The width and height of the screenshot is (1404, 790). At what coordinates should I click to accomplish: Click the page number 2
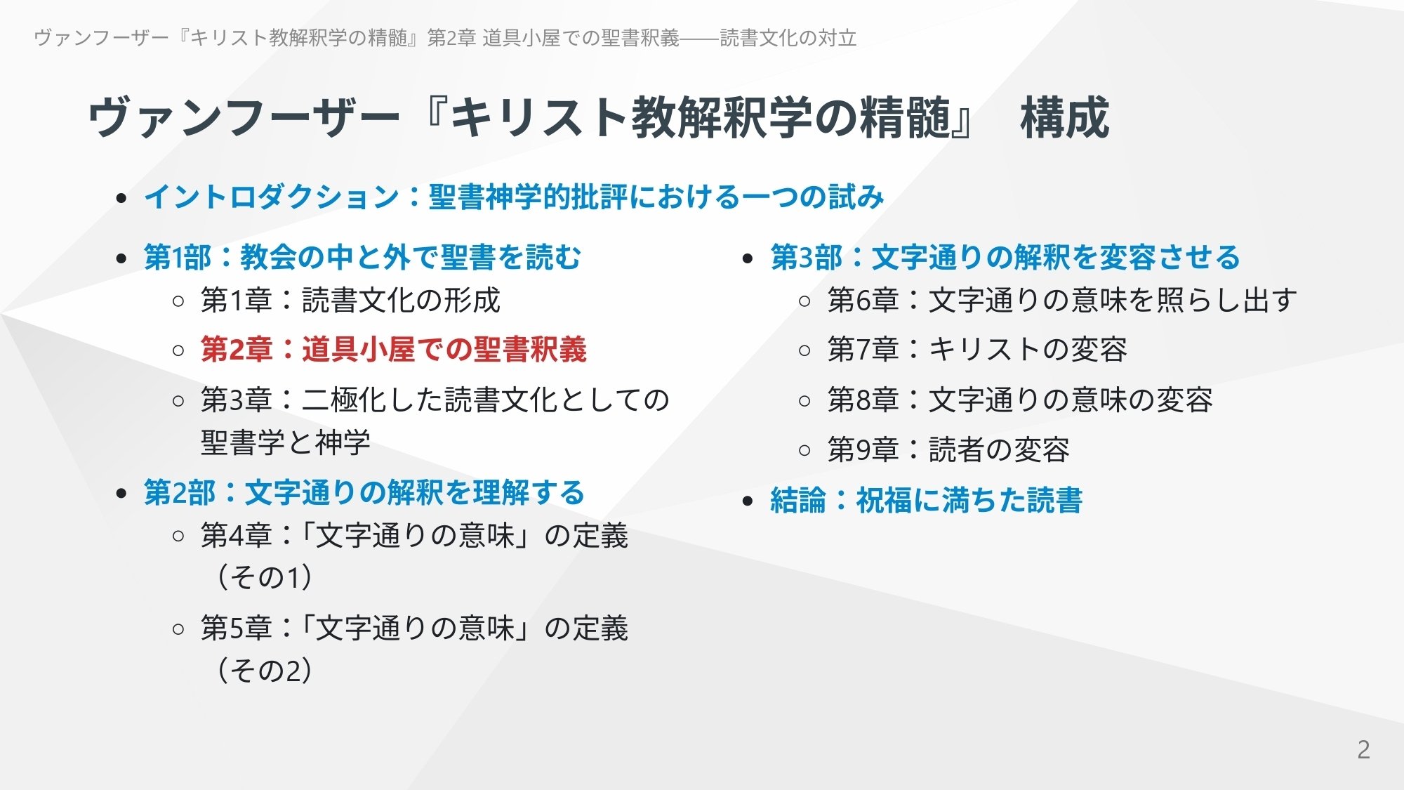[1363, 750]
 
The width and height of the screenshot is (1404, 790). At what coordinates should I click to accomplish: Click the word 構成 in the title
[1064, 118]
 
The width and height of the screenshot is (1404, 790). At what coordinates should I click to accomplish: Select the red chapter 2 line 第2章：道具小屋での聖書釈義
[393, 350]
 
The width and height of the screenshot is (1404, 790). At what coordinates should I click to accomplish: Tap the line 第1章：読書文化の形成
[350, 301]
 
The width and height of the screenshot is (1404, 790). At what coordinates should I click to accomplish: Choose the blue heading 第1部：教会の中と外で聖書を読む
[362, 258]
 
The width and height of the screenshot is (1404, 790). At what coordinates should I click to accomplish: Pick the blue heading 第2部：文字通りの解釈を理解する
[364, 493]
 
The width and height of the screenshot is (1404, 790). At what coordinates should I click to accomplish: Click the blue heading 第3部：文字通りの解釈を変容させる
[1005, 258]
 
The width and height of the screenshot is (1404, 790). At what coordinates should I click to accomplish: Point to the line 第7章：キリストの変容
[977, 350]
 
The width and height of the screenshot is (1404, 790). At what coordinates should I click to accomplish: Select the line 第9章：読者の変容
[948, 450]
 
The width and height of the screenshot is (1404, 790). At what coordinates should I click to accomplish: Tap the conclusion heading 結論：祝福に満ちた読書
[926, 501]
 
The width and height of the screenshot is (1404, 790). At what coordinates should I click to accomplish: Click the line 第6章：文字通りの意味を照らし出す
[1061, 301]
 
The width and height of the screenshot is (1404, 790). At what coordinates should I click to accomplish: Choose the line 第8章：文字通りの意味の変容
[1019, 400]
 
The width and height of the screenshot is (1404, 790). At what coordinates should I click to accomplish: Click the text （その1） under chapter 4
[265, 578]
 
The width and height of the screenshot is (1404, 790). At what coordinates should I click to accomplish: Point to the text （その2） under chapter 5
[265, 671]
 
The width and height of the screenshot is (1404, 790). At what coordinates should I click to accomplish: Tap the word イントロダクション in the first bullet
[271, 197]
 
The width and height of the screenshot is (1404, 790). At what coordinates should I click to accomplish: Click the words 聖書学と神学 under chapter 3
[285, 443]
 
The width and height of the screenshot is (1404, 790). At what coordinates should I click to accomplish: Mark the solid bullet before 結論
[748, 501]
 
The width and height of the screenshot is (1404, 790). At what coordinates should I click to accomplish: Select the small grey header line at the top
[445, 38]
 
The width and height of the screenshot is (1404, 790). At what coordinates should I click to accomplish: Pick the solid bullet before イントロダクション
[121, 199]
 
